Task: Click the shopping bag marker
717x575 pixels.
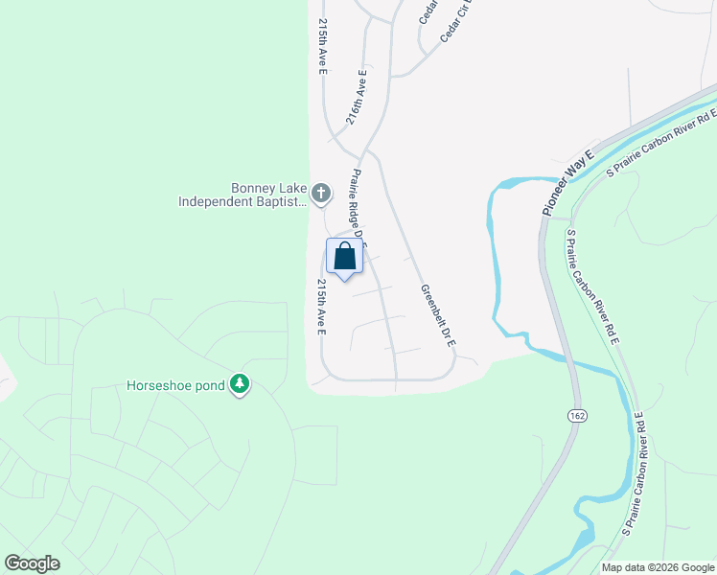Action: click(344, 256)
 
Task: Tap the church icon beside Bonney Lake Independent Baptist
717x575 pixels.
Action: click(321, 194)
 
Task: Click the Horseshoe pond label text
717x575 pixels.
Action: click(175, 386)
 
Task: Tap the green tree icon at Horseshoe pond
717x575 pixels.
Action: click(240, 385)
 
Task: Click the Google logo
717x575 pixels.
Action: click(32, 563)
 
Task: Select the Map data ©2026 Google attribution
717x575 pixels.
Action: click(657, 567)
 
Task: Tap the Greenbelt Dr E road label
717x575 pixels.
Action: click(437, 315)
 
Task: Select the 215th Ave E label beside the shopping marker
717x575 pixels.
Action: click(322, 307)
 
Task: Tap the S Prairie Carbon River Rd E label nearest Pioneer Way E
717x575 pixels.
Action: click(661, 143)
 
